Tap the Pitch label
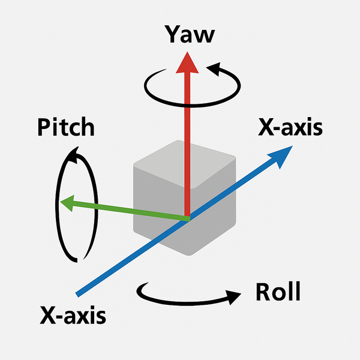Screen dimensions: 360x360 coord(65,128)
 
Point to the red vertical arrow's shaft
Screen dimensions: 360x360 coord(188,138)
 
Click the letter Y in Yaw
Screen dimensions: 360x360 coord(172,35)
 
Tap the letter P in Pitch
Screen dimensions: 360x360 coord(43,128)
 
